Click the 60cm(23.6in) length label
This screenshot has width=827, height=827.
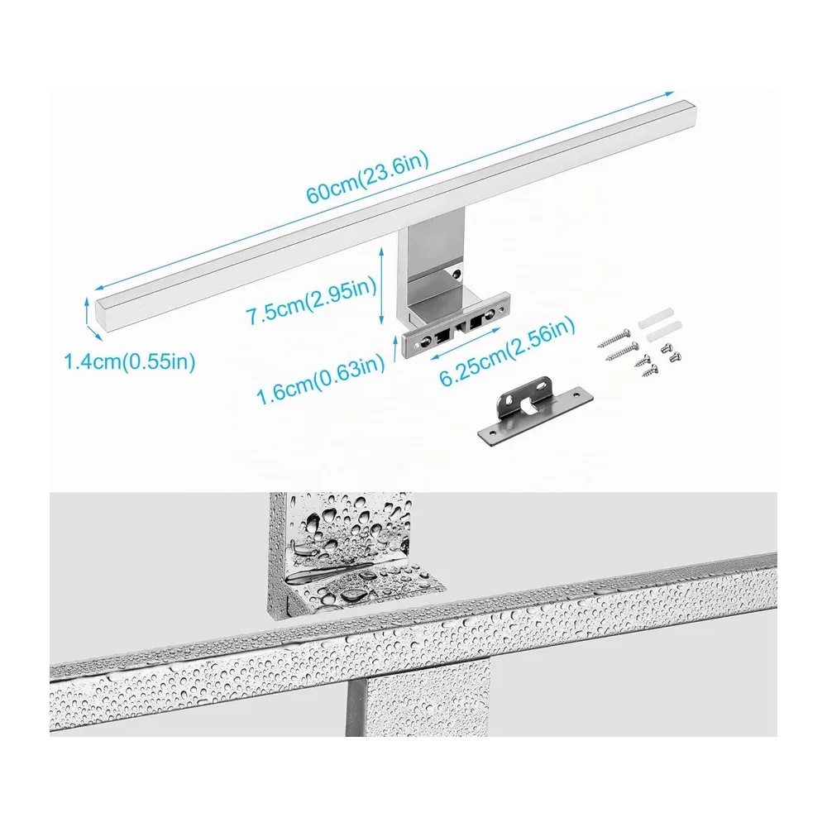(368, 177)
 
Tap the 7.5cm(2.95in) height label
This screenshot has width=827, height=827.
(311, 301)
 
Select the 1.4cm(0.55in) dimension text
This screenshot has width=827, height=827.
(130, 362)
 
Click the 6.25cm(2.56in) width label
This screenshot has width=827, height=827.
(508, 351)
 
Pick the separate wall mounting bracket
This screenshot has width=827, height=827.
(535, 409)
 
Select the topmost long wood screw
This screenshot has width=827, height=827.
(614, 338)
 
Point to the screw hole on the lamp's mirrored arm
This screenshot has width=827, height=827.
(457, 273)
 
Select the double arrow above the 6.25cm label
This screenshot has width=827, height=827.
(465, 343)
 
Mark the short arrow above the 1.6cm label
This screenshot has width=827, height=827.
(394, 349)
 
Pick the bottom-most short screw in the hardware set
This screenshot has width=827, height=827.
(650, 370)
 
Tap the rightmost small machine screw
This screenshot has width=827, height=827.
(675, 356)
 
